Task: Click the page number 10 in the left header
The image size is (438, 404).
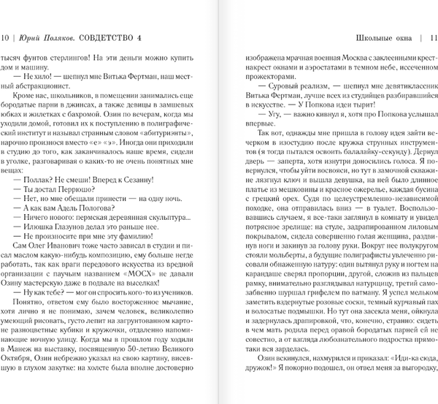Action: coord(7,38)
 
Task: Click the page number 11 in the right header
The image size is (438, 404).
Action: coord(431,38)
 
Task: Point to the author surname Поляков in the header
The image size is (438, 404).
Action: coord(69,38)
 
